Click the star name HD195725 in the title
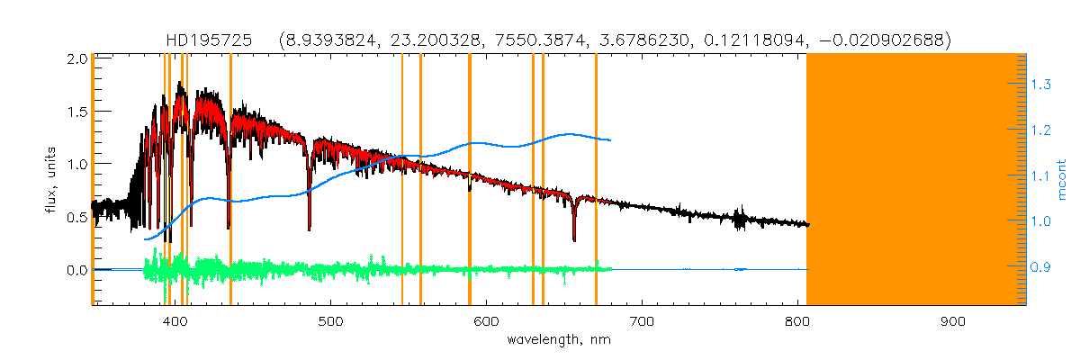[x=213, y=40]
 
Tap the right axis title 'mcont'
[x=1061, y=179]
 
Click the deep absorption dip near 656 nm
[x=574, y=238]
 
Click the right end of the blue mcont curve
[x=611, y=140]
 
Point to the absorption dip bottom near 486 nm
[x=310, y=229]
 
